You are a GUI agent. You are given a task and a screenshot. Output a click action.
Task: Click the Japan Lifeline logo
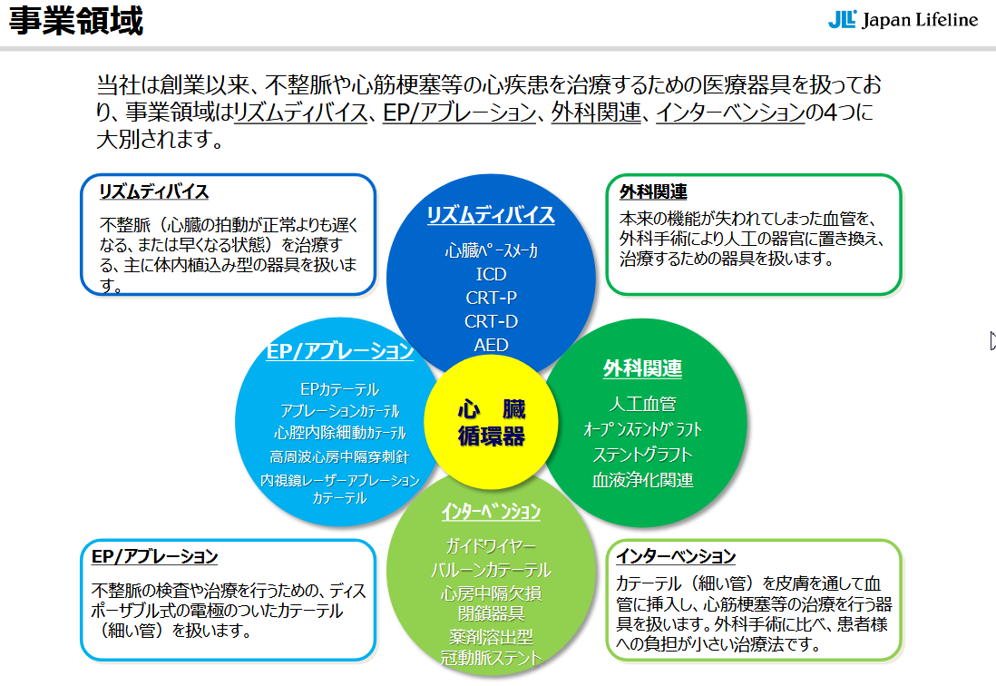[x=903, y=20]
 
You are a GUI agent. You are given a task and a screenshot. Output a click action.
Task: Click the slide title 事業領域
[x=76, y=21]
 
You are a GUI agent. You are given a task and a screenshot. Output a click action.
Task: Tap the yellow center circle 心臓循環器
[x=491, y=422]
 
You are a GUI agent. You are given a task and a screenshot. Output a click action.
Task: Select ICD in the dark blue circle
[x=491, y=274]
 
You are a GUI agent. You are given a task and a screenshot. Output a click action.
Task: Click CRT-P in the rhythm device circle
[x=491, y=298]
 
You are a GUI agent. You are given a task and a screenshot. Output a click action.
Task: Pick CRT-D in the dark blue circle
[x=491, y=321]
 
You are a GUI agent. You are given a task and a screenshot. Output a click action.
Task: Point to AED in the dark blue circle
[x=491, y=345]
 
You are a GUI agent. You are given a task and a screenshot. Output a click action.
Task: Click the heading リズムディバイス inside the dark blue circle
[x=491, y=215]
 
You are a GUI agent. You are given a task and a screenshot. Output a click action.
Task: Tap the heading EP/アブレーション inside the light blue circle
[x=340, y=351]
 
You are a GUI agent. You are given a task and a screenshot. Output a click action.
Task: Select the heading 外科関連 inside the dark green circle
[x=642, y=368]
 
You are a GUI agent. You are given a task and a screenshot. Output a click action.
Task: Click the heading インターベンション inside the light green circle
[x=491, y=512]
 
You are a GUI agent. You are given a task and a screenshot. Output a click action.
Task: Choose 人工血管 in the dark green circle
[x=642, y=404]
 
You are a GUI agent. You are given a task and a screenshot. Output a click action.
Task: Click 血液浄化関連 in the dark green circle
[x=642, y=480]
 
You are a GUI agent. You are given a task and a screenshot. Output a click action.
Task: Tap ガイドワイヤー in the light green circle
[x=491, y=546]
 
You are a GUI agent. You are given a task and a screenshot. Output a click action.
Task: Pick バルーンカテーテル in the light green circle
[x=491, y=570]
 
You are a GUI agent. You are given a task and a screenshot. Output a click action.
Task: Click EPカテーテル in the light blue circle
[x=339, y=389]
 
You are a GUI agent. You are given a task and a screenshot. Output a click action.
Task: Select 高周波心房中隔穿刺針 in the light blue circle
[x=339, y=456]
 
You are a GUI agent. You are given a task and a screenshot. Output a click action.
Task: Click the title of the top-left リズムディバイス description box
[x=154, y=191]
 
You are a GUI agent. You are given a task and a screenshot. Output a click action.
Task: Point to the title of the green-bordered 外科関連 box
[x=653, y=192]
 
